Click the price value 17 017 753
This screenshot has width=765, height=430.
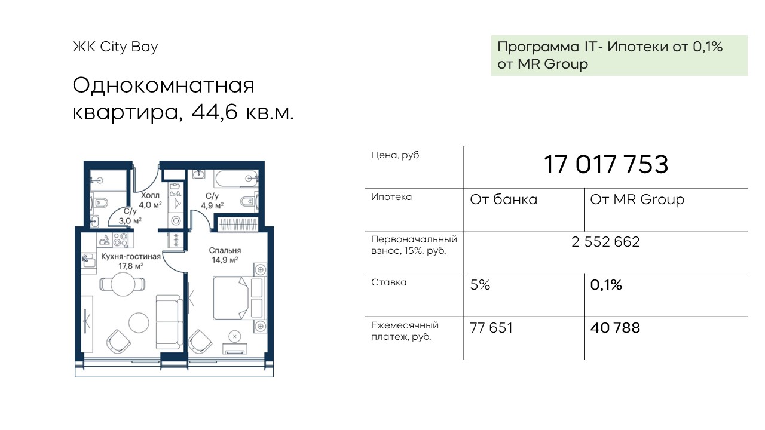coord(605,164)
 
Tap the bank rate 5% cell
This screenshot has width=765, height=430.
coord(480,285)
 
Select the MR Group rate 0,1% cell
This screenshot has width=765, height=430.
coord(606,285)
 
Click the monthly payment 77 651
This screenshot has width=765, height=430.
coord(491,328)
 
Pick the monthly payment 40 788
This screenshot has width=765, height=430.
coord(615,328)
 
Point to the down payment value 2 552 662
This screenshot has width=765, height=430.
coord(605,242)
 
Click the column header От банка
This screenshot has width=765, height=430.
coord(503,199)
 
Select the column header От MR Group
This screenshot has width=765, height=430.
coord(637,199)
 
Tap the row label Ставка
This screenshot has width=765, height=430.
coord(388,282)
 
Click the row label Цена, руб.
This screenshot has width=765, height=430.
coord(396,156)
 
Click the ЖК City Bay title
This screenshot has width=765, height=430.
coord(115,47)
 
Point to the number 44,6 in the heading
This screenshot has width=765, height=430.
coord(214,112)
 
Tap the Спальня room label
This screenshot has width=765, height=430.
coord(225,250)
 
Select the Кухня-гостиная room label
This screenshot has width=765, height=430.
coord(131,257)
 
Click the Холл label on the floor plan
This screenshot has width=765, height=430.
coord(150,195)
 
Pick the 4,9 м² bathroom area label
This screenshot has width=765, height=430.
coord(212,205)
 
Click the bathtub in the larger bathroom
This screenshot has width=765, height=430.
coord(235,179)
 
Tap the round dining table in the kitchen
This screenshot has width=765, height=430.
coord(123,284)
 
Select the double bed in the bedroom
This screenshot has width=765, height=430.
coord(231,298)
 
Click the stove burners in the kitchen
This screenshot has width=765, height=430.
coord(120,240)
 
